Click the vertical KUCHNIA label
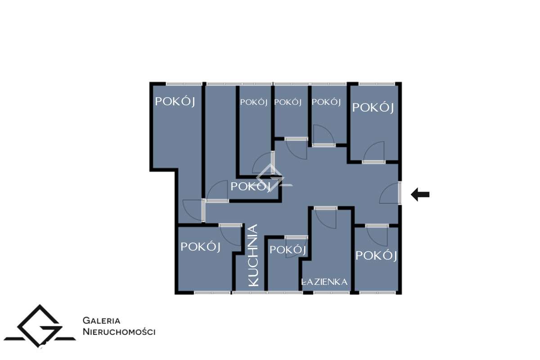(x=253, y=255)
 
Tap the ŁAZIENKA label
(x=324, y=282)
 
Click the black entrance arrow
(x=420, y=195)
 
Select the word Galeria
(x=101, y=321)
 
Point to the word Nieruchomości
(x=119, y=332)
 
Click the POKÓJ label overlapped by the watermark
(x=251, y=186)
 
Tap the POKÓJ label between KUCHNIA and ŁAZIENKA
(x=288, y=250)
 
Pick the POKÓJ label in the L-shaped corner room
(x=175, y=102)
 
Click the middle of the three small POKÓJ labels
(x=288, y=102)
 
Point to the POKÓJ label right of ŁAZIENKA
(x=376, y=256)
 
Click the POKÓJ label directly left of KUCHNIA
(x=200, y=247)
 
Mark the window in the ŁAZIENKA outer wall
(x=331, y=292)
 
